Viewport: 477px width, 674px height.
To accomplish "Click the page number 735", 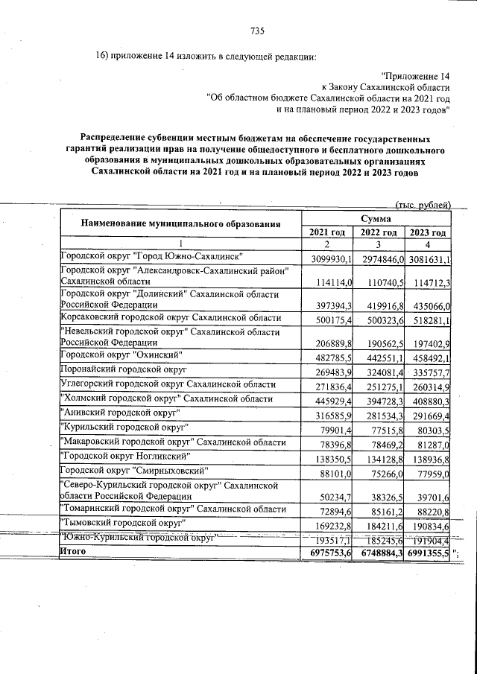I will (258, 31).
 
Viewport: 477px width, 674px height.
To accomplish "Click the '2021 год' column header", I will (326, 232).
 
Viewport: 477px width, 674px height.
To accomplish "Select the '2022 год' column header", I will (378, 232).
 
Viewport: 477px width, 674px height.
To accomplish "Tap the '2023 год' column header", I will (427, 232).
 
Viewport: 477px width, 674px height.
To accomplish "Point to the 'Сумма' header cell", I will (376, 218).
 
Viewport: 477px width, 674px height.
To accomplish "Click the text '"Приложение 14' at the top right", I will (414, 76).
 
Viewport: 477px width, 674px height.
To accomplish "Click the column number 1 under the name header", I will (180, 245).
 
